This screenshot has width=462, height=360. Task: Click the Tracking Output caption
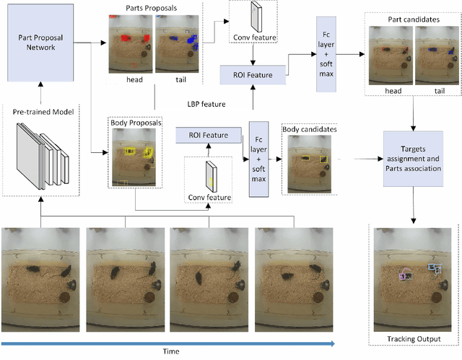[x=414, y=338]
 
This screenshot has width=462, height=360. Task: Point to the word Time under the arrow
[x=170, y=351]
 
